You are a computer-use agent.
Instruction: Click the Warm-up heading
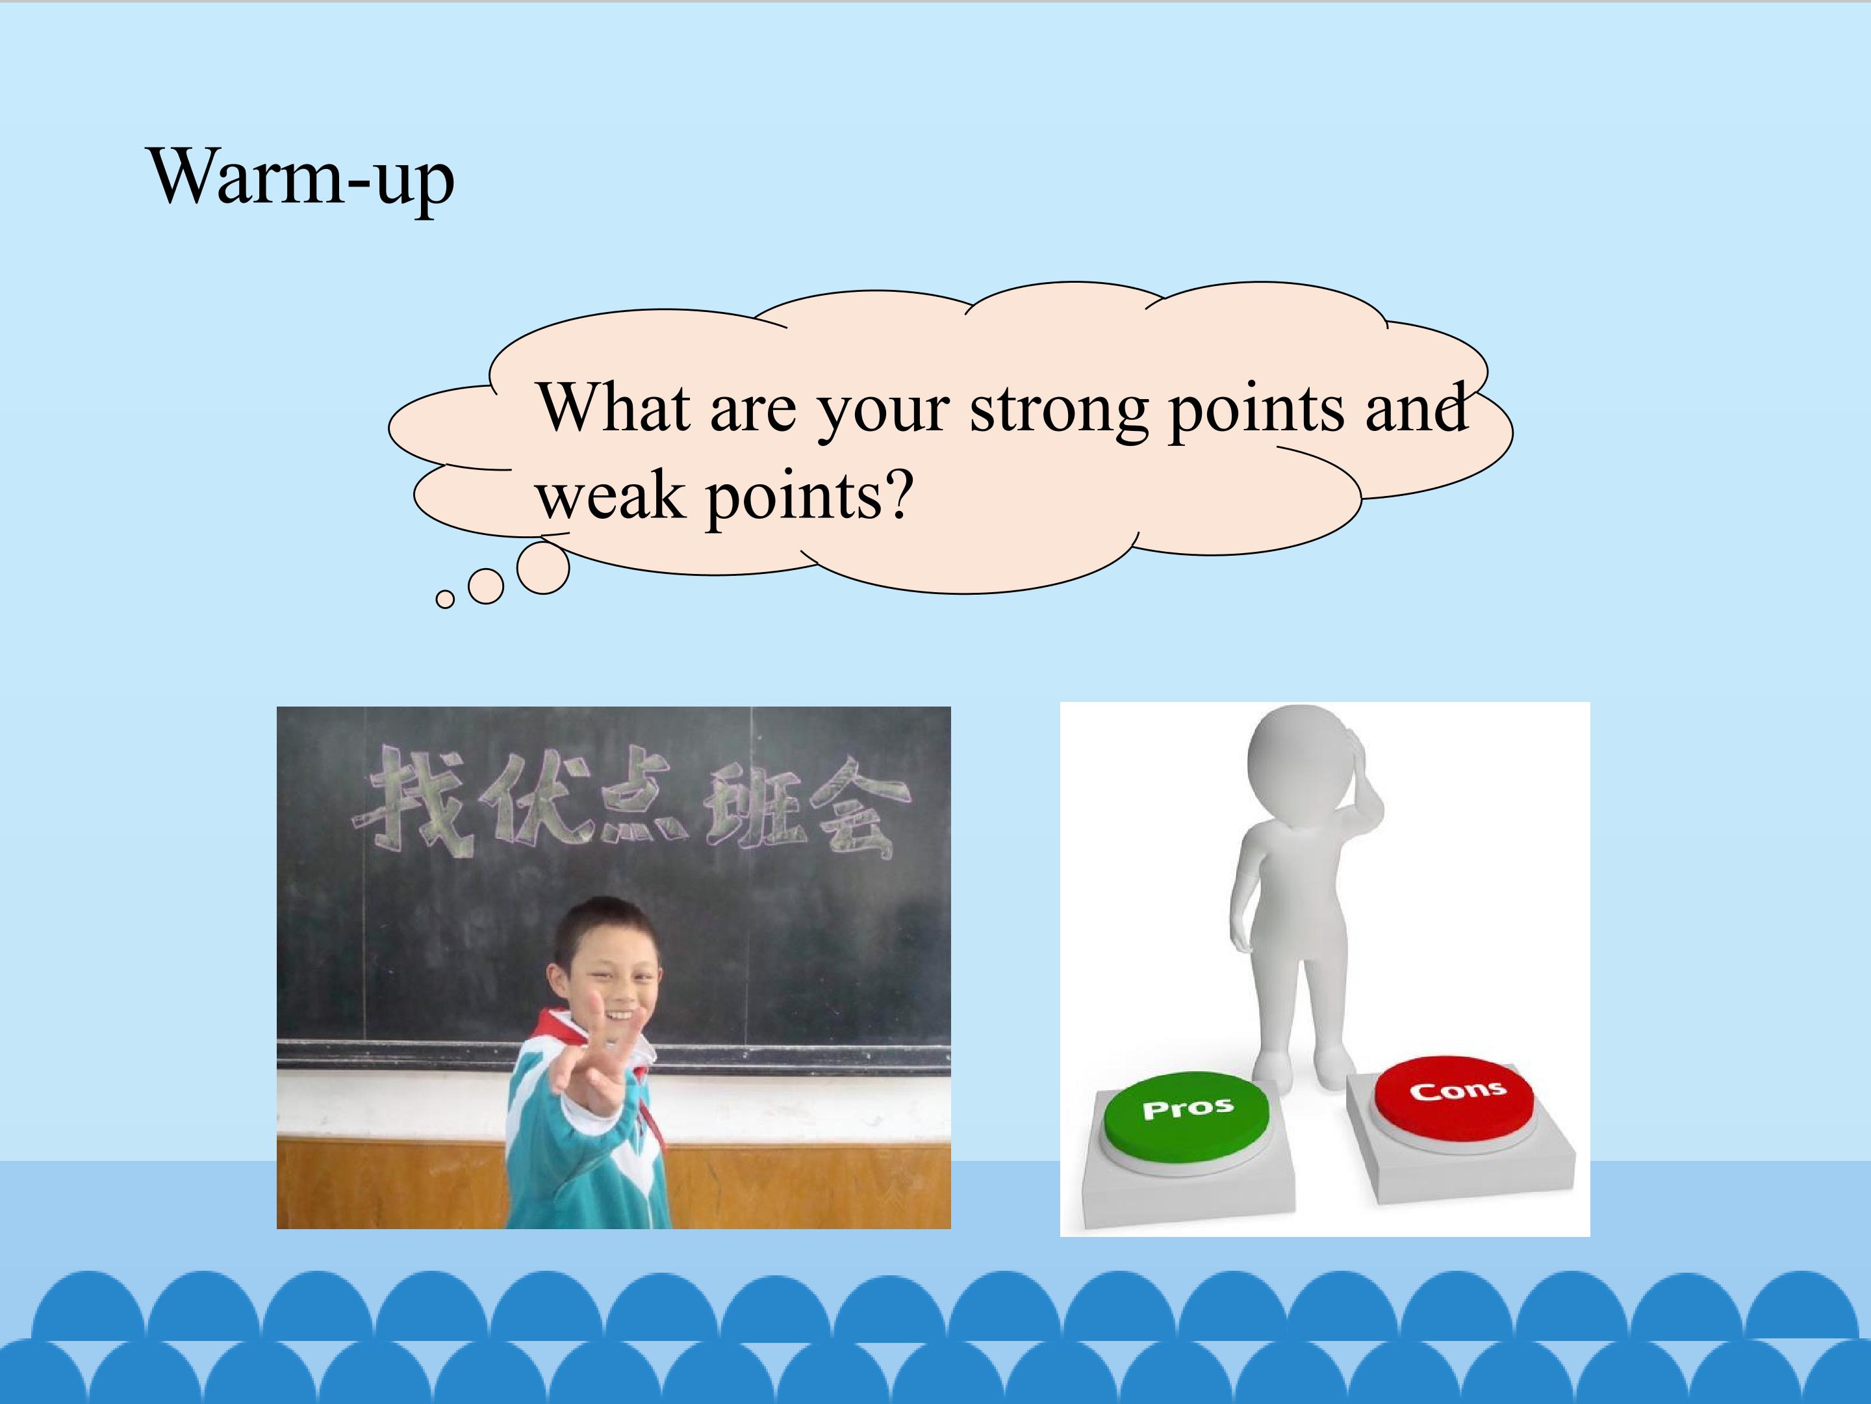[301, 179]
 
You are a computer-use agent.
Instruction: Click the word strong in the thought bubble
[1058, 410]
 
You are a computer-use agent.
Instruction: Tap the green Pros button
[1186, 1118]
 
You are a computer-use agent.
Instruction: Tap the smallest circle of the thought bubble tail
[445, 599]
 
